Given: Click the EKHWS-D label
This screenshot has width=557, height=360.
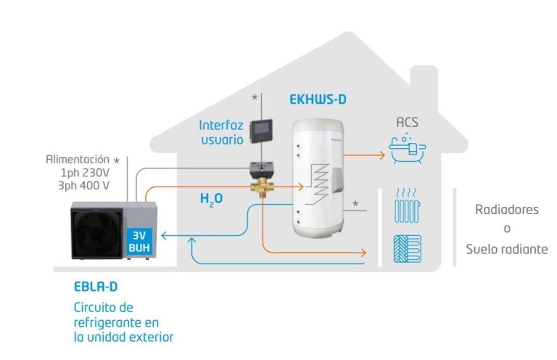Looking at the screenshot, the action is pos(318,99).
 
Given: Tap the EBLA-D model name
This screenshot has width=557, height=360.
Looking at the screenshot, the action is pos(96,287).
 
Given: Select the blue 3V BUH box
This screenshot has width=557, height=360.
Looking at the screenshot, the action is pos(139,241).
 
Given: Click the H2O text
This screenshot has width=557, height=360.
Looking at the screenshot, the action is pos(211,199).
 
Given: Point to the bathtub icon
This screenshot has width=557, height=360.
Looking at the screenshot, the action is pos(407,149).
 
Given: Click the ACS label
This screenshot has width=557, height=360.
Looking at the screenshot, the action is pos(407,122).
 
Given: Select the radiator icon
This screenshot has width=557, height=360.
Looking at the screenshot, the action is pos(407,206).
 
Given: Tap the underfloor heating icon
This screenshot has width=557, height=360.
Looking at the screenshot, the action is pos(408,249).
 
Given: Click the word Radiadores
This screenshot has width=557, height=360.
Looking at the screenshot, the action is pos(506,210).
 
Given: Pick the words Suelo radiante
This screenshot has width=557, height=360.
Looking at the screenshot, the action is pos(507,249).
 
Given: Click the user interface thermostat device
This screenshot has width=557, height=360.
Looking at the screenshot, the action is pos(261,131).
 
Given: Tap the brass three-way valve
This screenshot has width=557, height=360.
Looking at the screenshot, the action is pos(261,187).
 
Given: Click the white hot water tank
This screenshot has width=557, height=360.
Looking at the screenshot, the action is pos(318,179).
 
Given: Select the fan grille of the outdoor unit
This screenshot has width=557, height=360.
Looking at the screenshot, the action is pos(96,233).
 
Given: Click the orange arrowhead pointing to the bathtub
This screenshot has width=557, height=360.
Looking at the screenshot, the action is pos(382,155).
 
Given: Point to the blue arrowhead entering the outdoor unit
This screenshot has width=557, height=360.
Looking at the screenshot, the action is pos(164,235).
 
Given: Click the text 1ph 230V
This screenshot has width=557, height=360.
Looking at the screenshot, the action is pos(85,173).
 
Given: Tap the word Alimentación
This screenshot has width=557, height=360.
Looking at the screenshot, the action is pos(78,159).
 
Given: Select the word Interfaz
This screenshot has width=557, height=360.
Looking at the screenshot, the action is pos(221,125).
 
